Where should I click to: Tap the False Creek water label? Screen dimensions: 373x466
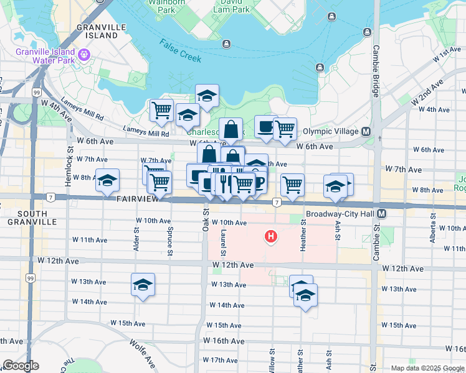click(x=180, y=50)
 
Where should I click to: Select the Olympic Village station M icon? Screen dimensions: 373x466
click(x=366, y=131)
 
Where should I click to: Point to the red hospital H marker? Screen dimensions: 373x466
click(x=271, y=236)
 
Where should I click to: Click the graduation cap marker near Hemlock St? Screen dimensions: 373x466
click(x=107, y=180)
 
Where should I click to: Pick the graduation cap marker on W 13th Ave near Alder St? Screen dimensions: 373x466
click(x=143, y=285)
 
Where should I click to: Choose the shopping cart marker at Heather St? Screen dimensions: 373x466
click(x=292, y=185)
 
